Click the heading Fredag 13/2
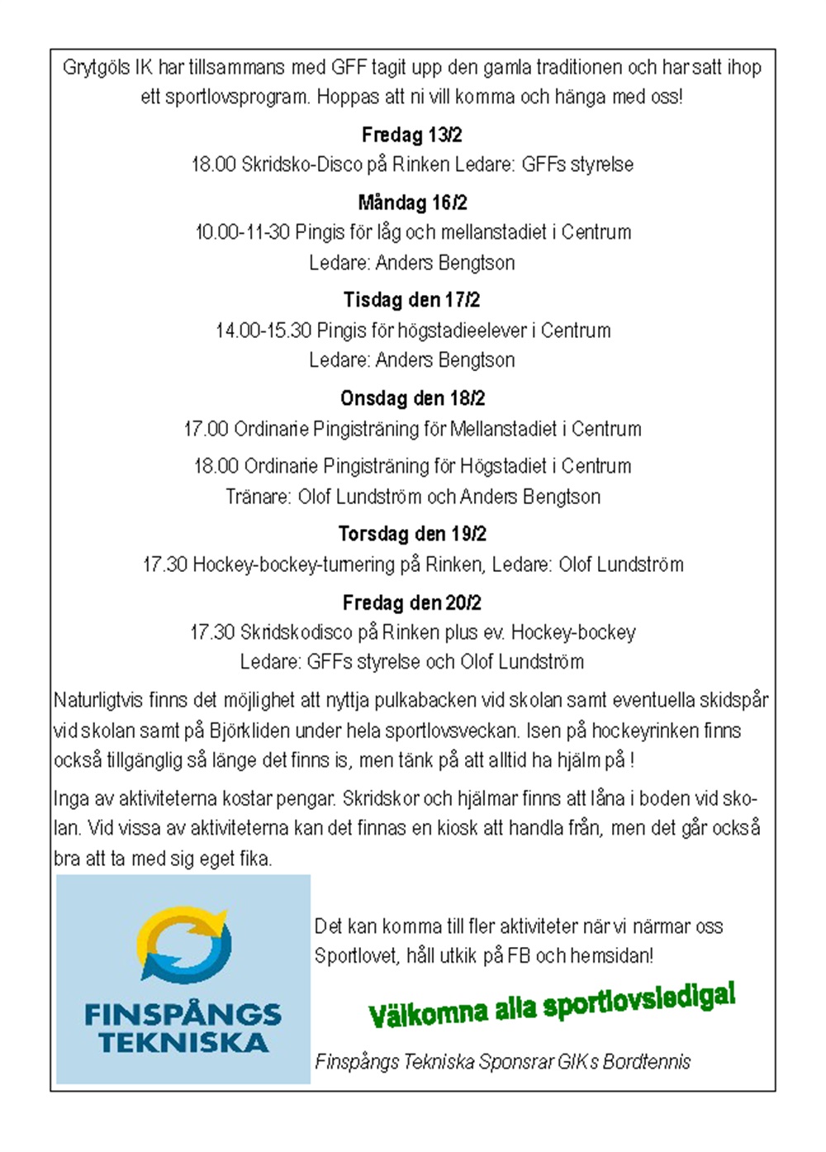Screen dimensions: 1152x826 (411, 135)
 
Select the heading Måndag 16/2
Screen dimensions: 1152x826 (412, 202)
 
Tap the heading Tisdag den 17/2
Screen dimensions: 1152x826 (411, 300)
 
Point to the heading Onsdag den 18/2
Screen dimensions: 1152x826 (412, 398)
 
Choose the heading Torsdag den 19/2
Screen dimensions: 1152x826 (412, 534)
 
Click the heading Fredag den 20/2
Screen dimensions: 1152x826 (411, 602)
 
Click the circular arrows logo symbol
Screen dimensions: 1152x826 (183, 945)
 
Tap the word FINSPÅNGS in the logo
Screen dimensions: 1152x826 (183, 1014)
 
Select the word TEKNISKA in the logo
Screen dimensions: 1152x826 (183, 1043)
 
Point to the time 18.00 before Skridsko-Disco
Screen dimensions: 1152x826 (214, 164)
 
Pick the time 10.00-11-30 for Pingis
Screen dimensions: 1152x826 (242, 232)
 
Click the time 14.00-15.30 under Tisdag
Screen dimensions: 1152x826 (263, 331)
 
